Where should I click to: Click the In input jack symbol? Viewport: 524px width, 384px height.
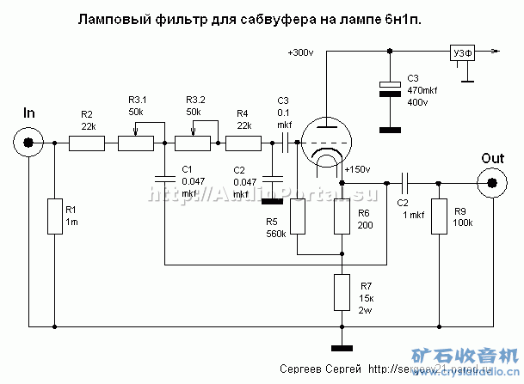[x=28, y=143]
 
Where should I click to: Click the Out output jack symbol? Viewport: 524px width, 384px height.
[x=493, y=182]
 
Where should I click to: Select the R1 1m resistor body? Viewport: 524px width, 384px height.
[x=53, y=216]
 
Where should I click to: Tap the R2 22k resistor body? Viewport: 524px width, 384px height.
[x=87, y=143]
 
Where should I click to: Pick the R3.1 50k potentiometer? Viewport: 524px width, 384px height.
[x=138, y=143]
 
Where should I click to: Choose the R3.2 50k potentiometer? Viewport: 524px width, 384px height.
[x=194, y=143]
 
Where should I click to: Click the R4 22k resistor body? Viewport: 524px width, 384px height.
[x=244, y=143]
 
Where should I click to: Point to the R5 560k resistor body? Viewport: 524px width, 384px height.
[x=298, y=215]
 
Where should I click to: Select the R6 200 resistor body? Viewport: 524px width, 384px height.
[x=342, y=215]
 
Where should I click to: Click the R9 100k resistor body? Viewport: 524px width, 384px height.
[x=439, y=216]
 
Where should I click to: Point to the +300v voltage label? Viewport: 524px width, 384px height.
[x=300, y=52]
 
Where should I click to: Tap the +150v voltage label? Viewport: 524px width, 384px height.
[x=356, y=169]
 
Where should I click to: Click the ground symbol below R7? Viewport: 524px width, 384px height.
[x=342, y=348]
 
